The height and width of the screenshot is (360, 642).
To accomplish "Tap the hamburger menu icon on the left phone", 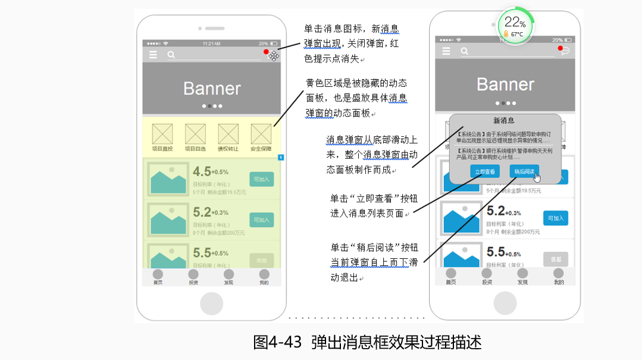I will [154, 55].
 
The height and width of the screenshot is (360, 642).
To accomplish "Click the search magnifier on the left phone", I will [171, 55].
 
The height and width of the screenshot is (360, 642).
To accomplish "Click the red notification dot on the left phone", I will [266, 52].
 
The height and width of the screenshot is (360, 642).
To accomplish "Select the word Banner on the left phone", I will [212, 89].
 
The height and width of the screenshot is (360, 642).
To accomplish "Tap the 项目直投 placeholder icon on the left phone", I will [162, 133].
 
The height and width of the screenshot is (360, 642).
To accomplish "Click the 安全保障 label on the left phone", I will [261, 149].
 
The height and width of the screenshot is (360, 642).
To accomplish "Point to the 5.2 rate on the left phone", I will [202, 212].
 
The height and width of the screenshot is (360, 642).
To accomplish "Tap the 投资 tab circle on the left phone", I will [193, 274].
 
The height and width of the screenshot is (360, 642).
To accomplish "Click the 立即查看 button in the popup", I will [485, 171].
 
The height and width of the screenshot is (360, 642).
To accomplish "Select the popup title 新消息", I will [504, 121].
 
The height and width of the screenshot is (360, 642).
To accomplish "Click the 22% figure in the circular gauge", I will [514, 23].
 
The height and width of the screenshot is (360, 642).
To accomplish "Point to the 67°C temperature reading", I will [516, 35].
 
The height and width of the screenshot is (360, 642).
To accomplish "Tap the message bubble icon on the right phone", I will [564, 51].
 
